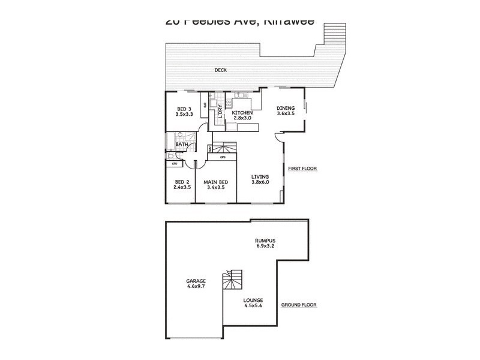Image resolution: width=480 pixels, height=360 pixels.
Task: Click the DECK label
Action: pyautogui.click(x=220, y=70)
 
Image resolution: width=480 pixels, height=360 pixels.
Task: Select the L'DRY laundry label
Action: pyautogui.click(x=220, y=112)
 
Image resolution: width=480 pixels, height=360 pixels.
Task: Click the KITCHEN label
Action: pyautogui.click(x=242, y=112)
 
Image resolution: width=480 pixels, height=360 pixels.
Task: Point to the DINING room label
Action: pyautogui.click(x=286, y=109)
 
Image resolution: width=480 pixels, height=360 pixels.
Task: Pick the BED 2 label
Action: pyautogui.click(x=182, y=182)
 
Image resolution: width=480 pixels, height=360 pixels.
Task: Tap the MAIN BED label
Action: pyautogui.click(x=214, y=182)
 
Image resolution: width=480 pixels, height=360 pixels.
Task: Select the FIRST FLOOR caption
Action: pyautogui.click(x=302, y=169)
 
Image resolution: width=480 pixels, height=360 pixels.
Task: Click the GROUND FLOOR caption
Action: pyautogui.click(x=298, y=305)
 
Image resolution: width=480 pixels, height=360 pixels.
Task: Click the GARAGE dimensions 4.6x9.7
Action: pyautogui.click(x=196, y=286)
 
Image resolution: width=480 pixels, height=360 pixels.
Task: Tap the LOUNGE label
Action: pyautogui.click(x=253, y=299)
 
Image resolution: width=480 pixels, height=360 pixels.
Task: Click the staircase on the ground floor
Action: pyautogui.click(x=232, y=281)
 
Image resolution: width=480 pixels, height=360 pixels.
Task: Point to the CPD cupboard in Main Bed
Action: pyautogui.click(x=222, y=157)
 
